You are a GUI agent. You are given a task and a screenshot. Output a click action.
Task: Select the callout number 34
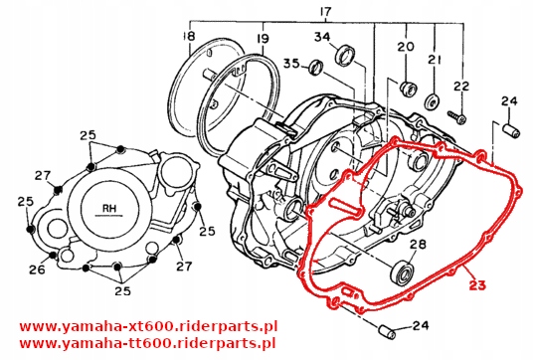point(322,39)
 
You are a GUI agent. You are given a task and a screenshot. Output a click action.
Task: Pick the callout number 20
point(405,47)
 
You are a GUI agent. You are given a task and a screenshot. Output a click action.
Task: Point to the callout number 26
point(37,269)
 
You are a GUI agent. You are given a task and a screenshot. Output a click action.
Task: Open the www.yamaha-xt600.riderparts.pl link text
point(137,324)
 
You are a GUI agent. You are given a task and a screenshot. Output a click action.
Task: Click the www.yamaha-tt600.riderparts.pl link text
point(137,343)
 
